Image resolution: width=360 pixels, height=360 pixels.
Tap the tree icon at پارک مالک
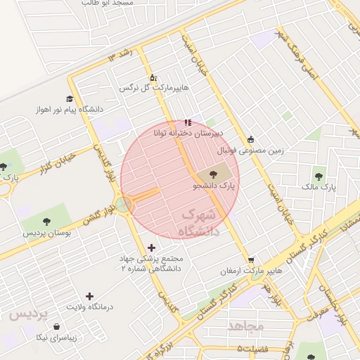[320, 176]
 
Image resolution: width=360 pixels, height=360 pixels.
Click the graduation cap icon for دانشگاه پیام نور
[69, 98]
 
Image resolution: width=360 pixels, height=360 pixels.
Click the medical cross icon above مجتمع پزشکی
[151, 247]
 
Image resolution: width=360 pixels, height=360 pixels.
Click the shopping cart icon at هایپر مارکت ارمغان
[251, 260]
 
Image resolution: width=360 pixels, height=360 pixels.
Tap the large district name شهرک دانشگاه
[200, 221]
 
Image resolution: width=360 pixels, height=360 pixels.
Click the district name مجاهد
[245, 326]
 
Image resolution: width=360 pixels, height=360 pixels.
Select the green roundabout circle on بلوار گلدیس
[124, 205]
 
